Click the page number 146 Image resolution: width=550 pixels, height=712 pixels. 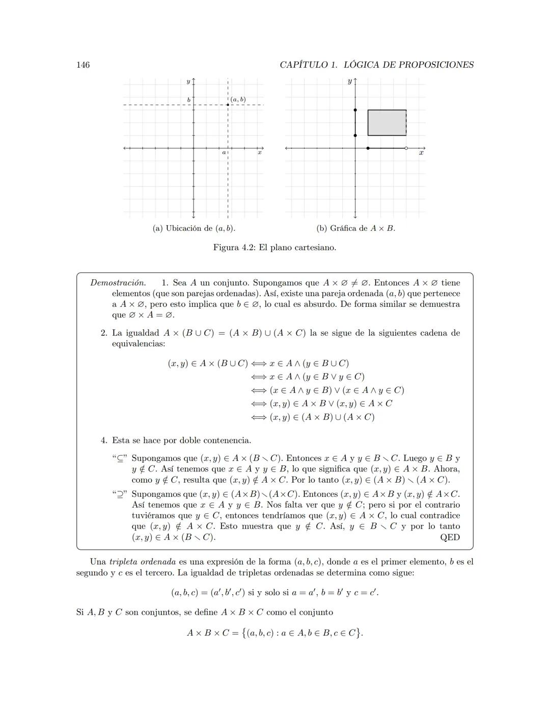(x=82, y=65)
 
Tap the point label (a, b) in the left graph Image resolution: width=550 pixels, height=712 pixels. (x=238, y=99)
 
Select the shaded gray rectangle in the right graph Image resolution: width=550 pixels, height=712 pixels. (x=387, y=122)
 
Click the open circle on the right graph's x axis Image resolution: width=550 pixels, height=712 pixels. (x=406, y=148)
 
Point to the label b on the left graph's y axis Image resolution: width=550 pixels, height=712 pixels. (x=188, y=100)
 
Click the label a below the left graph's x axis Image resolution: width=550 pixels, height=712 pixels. (x=224, y=152)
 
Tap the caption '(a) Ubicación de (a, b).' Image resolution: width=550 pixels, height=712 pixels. (x=194, y=228)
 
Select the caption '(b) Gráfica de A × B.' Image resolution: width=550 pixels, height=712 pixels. (x=355, y=228)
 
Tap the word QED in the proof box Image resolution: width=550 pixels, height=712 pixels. (x=450, y=537)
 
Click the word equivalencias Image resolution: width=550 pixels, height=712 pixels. (x=139, y=344)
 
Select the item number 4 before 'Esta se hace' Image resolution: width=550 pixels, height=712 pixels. (x=103, y=440)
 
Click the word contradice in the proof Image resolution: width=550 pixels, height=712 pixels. (x=439, y=516)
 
